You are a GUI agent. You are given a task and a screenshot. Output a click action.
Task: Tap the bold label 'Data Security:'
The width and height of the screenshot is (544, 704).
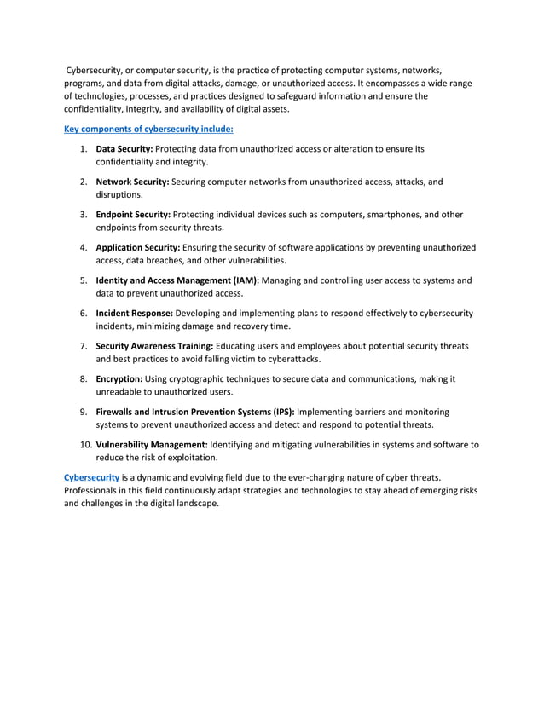tap(125, 149)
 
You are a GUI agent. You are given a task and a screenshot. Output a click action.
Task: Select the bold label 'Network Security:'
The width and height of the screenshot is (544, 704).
tap(132, 182)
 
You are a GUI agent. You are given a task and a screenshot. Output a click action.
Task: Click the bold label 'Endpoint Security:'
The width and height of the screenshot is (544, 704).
tap(133, 215)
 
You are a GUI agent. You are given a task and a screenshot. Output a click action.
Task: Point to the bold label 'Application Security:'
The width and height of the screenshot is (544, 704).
tap(138, 247)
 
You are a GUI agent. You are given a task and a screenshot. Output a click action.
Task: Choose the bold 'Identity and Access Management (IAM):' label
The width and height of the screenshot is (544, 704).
tap(177, 280)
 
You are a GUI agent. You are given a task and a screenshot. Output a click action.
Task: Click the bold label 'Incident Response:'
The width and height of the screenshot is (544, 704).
tap(135, 313)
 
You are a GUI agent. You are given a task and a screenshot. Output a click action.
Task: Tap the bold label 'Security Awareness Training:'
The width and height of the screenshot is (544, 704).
tap(154, 345)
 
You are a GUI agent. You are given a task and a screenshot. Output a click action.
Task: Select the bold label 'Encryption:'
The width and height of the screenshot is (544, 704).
tap(119, 378)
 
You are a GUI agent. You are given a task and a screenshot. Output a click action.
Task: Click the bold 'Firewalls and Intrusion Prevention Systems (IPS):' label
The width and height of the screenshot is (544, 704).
tap(195, 411)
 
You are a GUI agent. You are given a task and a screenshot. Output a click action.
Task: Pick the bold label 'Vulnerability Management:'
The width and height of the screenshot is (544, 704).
tap(152, 444)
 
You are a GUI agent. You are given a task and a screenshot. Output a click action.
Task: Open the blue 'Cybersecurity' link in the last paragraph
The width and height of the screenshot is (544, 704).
tap(91, 476)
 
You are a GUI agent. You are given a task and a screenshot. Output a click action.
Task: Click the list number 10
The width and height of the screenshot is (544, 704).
tap(85, 444)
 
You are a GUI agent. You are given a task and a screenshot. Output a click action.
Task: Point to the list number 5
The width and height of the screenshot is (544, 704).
tap(84, 280)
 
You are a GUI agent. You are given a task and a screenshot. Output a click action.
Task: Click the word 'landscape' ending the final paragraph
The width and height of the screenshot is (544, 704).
tap(194, 504)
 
